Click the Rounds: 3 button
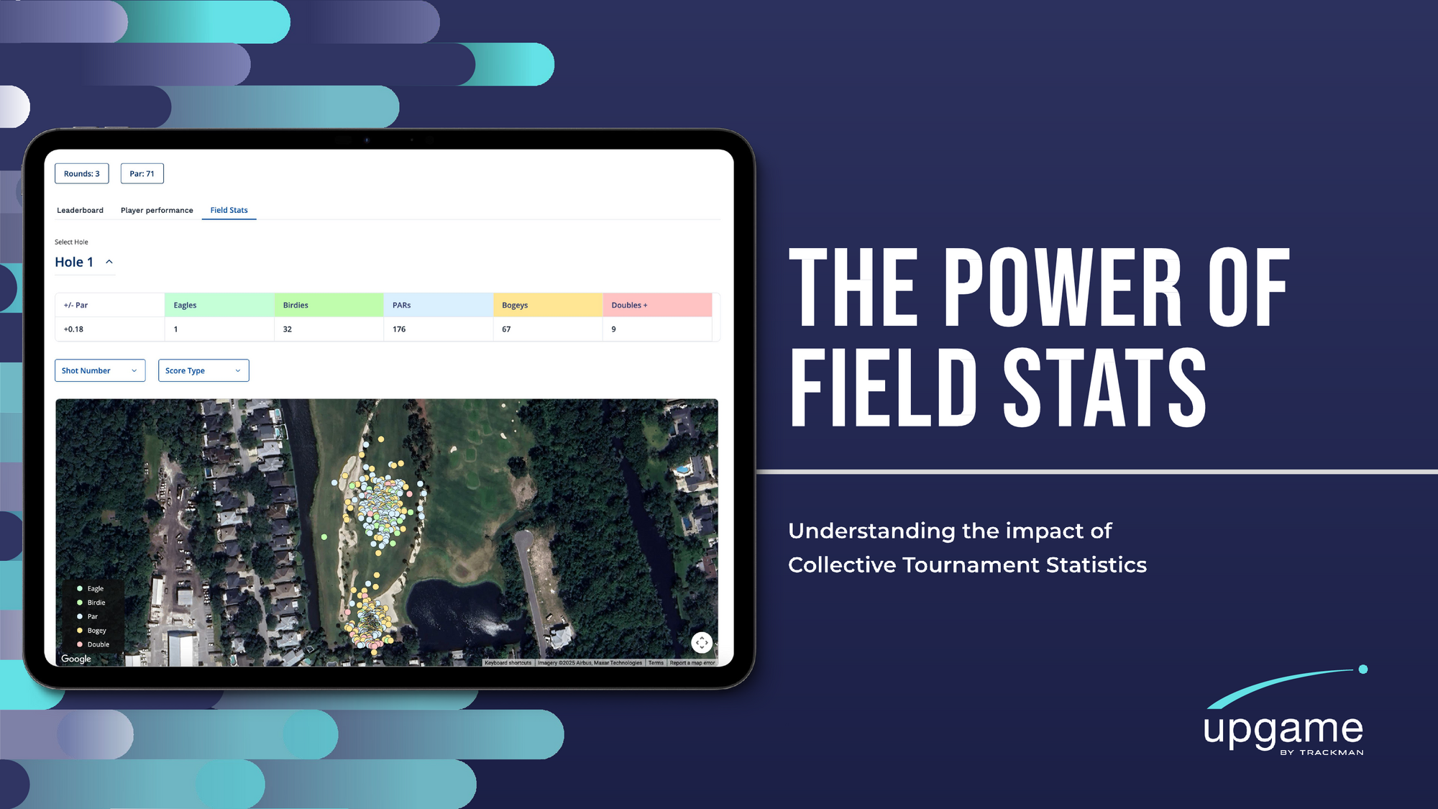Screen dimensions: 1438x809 click(x=82, y=173)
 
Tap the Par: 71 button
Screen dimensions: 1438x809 click(x=142, y=173)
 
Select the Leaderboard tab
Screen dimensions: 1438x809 click(x=80, y=210)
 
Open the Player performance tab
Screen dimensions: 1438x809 click(x=157, y=210)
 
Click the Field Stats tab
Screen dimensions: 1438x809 click(x=229, y=210)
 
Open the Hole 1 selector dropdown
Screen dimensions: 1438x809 click(x=84, y=262)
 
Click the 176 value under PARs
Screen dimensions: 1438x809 click(x=399, y=329)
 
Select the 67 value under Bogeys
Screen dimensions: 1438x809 click(x=506, y=329)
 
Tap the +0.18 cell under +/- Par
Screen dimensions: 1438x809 click(x=73, y=329)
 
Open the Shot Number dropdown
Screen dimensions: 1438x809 click(x=100, y=370)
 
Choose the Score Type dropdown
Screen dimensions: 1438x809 click(x=203, y=370)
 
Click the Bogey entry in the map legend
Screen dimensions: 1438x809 click(x=92, y=631)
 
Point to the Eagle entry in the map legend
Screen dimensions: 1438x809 click(x=91, y=588)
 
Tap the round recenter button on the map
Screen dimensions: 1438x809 click(x=702, y=642)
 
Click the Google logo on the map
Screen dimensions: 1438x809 click(x=76, y=659)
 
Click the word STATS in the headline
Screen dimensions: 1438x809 click(x=1104, y=388)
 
